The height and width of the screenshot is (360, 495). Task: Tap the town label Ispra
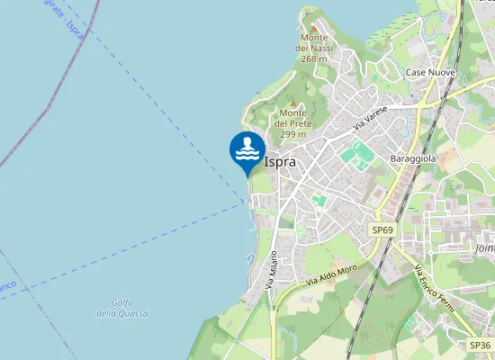[x=280, y=162]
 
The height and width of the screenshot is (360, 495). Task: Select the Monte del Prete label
[x=292, y=118]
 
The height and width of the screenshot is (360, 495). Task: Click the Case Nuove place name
[x=430, y=71]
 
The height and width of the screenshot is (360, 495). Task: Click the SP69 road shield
[x=382, y=230]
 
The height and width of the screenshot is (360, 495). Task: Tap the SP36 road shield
[x=480, y=345]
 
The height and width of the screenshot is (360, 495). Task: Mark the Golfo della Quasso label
[x=122, y=308]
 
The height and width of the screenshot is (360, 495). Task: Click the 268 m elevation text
[x=314, y=58]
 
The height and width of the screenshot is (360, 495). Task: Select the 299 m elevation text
[x=293, y=134]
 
